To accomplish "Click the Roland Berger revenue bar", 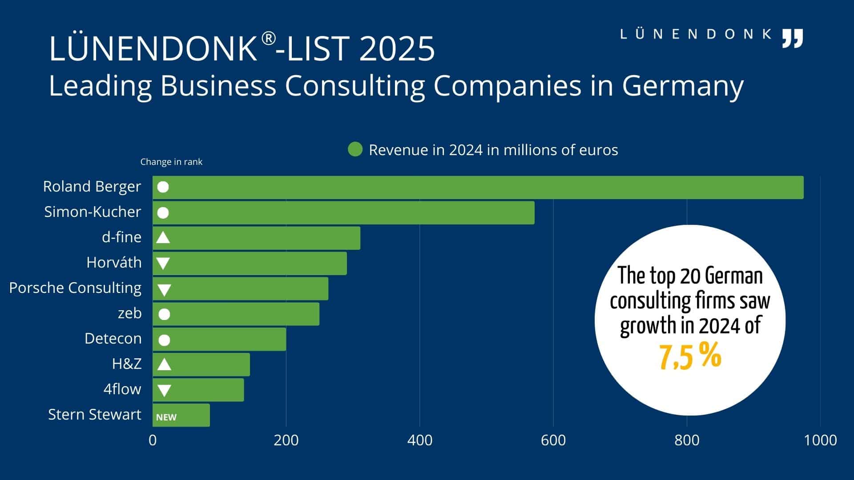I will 478,187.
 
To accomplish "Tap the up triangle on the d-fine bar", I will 163,238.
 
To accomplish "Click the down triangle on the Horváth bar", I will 163,264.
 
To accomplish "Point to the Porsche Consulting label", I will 75,288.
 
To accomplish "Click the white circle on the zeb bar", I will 164,315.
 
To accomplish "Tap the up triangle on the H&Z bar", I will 164,365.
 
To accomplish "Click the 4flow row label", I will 122,389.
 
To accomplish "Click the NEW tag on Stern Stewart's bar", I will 166,417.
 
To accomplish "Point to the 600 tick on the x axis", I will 553,440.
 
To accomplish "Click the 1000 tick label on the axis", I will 820,440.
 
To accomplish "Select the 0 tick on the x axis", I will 153,440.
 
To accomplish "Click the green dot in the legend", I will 355,149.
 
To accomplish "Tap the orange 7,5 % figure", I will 690,356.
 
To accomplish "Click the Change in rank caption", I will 171,162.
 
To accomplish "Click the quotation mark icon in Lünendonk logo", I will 793,38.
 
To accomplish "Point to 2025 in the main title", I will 397,48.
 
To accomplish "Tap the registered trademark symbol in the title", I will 268,39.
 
